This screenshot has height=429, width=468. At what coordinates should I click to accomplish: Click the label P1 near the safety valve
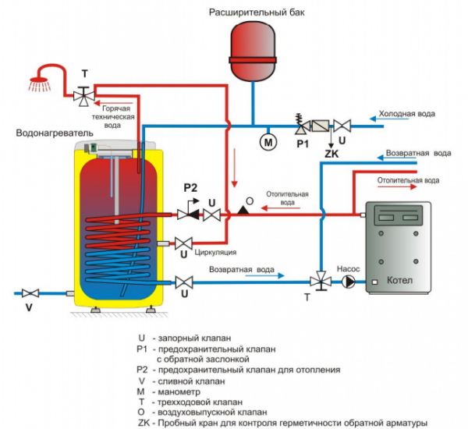tap(302, 144)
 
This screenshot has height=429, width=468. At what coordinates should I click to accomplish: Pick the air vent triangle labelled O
tap(244, 209)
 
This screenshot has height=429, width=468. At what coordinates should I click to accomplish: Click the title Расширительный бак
tap(252, 12)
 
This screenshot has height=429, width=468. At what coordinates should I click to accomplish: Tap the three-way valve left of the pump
tap(319, 281)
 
